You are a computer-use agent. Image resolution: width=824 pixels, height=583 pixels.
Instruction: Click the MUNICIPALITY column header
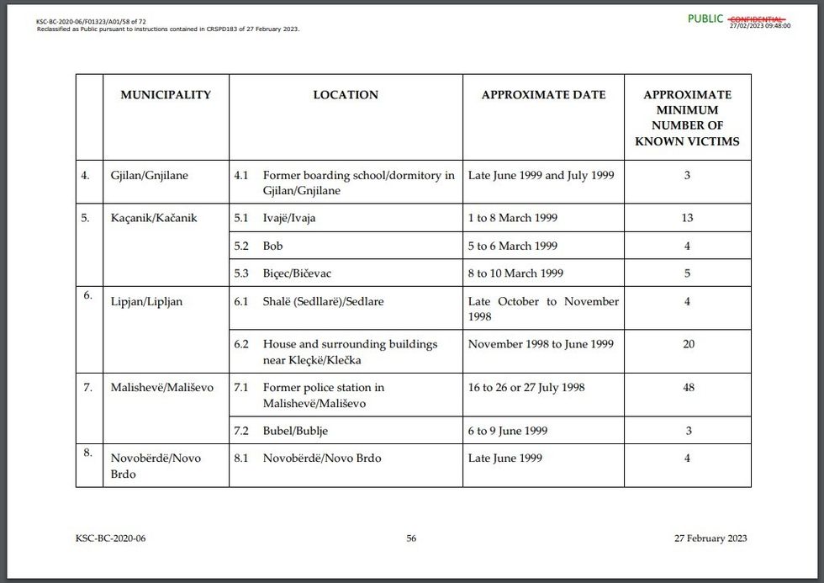coord(166,95)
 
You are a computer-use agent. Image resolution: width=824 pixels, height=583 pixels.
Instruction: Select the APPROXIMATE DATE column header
coord(543,95)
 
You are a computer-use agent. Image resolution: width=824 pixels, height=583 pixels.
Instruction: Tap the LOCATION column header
coord(346,95)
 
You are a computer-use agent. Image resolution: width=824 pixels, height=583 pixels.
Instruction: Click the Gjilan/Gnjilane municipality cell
coord(150,176)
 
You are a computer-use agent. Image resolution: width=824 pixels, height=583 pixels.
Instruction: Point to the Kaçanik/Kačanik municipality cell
coord(154,218)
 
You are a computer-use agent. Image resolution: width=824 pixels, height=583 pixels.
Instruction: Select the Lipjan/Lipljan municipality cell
coord(146,301)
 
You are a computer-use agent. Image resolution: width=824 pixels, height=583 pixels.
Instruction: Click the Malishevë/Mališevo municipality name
coord(162,388)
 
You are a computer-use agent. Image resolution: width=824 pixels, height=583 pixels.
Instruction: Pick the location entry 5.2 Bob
coord(272,246)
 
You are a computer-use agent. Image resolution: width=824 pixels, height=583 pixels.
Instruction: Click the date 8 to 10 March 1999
coord(515,273)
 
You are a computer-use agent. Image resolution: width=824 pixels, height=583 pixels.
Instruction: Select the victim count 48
coord(687,388)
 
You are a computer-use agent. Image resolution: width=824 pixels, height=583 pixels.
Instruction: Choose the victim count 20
coord(687,344)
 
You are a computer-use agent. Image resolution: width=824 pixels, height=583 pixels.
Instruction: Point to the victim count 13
coord(687,218)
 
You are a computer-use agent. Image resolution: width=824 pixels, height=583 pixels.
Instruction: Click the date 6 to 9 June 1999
coord(508,431)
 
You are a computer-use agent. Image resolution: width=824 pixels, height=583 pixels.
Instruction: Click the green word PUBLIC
coord(705,19)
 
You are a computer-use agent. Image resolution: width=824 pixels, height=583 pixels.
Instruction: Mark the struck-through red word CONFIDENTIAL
coord(757,19)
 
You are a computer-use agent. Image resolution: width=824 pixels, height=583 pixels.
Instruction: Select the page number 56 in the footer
coord(411,538)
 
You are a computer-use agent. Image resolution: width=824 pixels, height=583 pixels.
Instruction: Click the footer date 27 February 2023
coord(710,538)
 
